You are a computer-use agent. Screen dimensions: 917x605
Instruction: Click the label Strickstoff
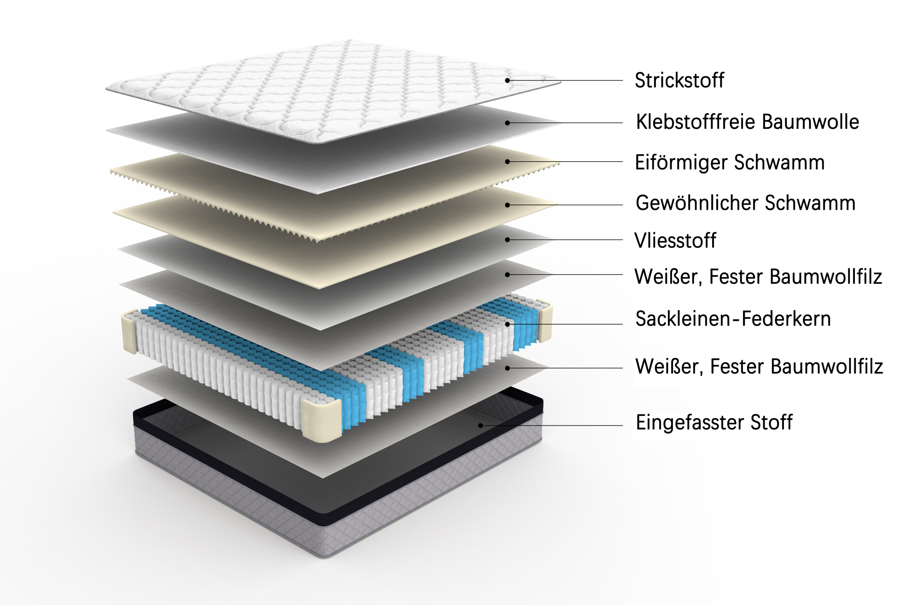point(679,81)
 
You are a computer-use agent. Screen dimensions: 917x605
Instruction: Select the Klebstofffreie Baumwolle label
point(747,122)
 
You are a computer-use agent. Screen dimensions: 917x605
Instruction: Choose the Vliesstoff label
point(675,240)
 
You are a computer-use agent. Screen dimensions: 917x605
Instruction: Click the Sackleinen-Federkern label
point(733,319)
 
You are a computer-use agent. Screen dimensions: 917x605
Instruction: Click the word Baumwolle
point(810,122)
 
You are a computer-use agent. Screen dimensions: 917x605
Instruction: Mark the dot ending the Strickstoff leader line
point(507,81)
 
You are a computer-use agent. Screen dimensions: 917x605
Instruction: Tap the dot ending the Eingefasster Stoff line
point(481,425)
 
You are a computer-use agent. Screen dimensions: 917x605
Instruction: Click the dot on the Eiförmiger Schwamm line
point(507,161)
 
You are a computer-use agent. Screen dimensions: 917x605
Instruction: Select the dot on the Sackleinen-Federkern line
point(507,324)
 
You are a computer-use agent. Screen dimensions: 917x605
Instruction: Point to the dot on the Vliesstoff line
point(507,240)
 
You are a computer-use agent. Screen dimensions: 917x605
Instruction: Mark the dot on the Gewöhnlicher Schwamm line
point(507,205)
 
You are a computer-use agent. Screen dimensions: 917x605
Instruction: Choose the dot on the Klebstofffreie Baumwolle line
point(507,123)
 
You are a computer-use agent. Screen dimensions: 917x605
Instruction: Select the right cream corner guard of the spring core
point(545,321)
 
